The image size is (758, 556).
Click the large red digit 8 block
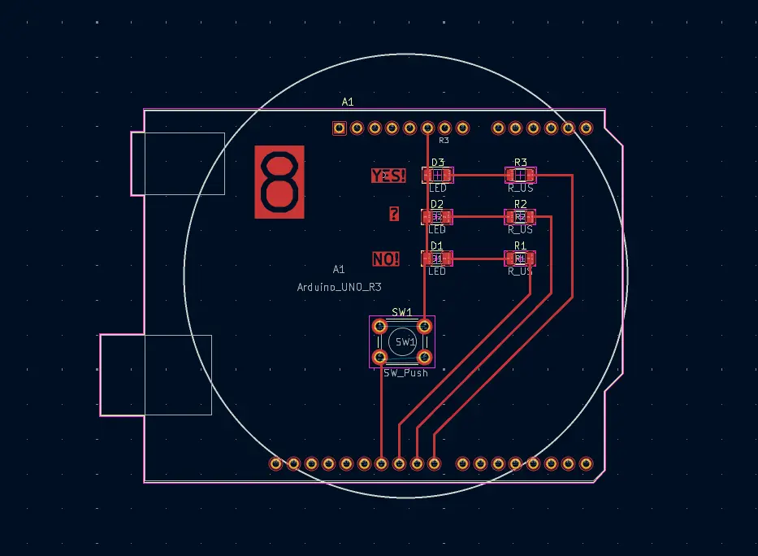click(x=279, y=182)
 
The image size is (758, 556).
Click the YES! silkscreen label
click(x=388, y=175)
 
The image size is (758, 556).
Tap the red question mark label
click(x=394, y=215)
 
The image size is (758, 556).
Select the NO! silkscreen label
click(x=386, y=259)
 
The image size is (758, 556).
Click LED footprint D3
click(x=437, y=175)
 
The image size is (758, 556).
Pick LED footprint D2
click(x=437, y=217)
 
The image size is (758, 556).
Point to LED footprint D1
click(x=437, y=258)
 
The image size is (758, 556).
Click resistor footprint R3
click(x=520, y=175)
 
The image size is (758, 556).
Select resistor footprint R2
click(x=520, y=217)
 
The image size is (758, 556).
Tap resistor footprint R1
click(x=520, y=258)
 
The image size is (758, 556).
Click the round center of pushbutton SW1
click(x=403, y=342)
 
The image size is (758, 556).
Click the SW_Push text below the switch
click(x=405, y=373)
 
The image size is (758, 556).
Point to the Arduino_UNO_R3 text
click(x=340, y=287)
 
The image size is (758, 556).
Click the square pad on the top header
click(x=340, y=128)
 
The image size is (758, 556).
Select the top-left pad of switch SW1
click(x=379, y=327)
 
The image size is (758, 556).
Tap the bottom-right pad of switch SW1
click(x=424, y=357)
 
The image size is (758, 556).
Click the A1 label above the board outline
click(x=348, y=102)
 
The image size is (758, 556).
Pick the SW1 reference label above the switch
click(x=402, y=312)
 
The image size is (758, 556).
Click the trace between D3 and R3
click(x=479, y=175)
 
